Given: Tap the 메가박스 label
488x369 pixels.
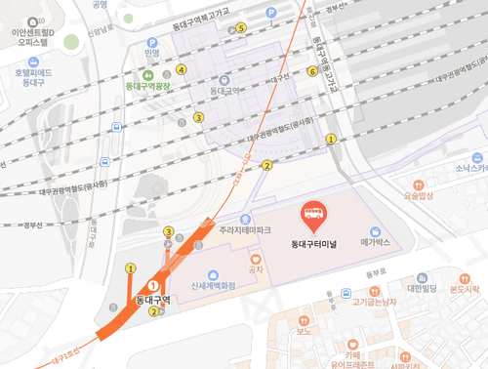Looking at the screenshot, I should [x=374, y=240].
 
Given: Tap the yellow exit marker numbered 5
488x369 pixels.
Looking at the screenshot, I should [x=241, y=28].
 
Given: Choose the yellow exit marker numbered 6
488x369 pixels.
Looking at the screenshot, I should [x=312, y=70].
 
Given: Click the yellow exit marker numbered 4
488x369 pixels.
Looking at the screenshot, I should [x=182, y=70].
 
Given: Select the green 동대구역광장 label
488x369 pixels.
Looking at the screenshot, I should [x=148, y=87].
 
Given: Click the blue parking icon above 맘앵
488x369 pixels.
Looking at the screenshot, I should [x=151, y=43].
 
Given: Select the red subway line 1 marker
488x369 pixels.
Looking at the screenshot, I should [x=151, y=286].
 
